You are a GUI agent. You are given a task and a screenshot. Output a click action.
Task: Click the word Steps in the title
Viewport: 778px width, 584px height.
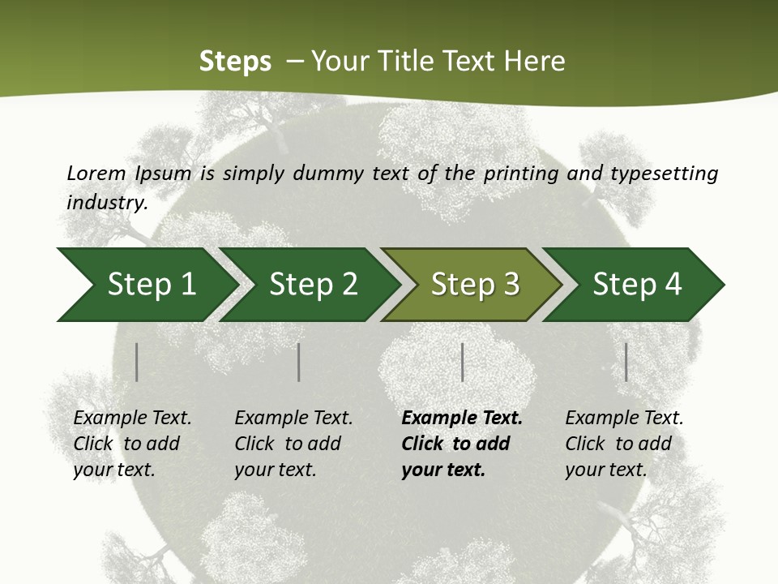click(x=235, y=62)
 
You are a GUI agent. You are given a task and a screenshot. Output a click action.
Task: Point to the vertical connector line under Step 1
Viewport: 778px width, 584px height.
click(x=137, y=362)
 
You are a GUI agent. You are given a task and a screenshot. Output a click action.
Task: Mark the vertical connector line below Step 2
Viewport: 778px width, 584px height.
click(x=299, y=362)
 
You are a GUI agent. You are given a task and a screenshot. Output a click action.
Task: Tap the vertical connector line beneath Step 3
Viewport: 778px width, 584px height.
click(x=462, y=362)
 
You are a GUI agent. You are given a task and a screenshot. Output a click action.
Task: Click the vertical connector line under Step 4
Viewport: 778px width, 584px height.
click(x=626, y=362)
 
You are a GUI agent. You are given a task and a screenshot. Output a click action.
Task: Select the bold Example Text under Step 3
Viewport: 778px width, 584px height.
click(x=462, y=444)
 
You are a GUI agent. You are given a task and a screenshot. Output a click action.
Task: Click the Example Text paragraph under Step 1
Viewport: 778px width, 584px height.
click(x=132, y=444)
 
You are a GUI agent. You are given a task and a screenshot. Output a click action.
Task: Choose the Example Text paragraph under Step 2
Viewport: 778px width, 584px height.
click(x=293, y=444)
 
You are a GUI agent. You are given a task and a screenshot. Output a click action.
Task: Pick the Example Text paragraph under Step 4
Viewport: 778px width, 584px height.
click(x=624, y=444)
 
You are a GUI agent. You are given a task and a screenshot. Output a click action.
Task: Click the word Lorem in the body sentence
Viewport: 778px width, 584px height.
click(x=96, y=174)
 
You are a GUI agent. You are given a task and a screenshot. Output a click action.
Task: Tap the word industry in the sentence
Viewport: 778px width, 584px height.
click(x=106, y=203)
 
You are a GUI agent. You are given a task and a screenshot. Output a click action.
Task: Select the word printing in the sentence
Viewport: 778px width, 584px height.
click(x=521, y=174)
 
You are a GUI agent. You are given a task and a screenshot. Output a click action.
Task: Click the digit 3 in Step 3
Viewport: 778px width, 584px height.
click(x=511, y=285)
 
